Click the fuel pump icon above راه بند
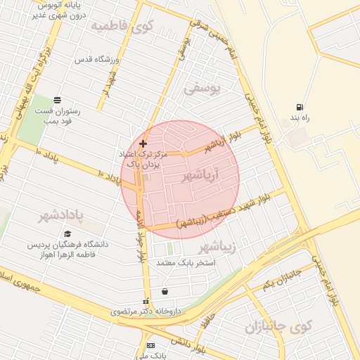tap(300, 108)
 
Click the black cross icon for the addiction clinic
tap(143, 143)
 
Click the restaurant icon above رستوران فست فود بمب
tap(57, 100)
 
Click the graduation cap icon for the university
tap(67, 234)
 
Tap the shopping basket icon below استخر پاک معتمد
tap(165, 291)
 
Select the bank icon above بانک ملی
tap(150, 345)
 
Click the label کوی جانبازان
tap(278, 328)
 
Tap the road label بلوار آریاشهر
tap(226, 136)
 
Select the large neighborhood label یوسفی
tap(202, 89)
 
